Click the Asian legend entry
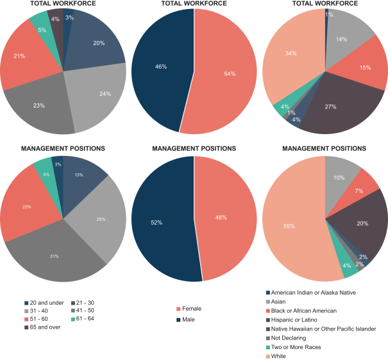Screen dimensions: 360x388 click(x=286, y=301)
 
